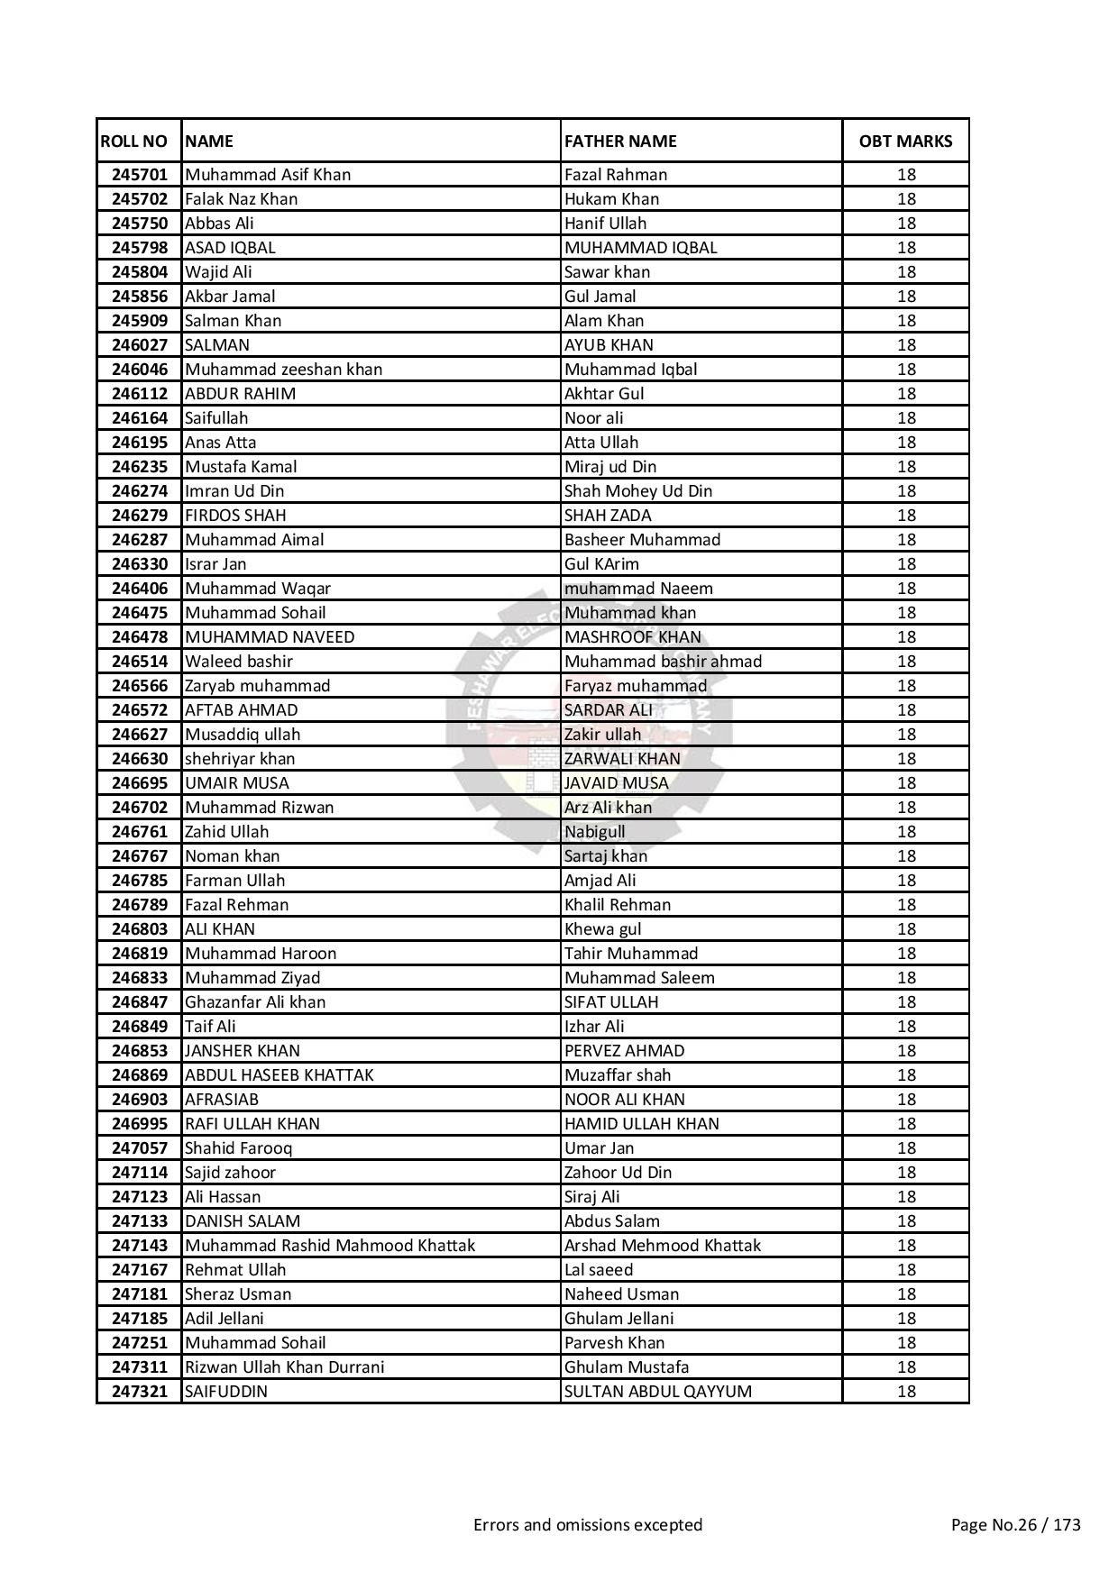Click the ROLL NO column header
pyautogui.click(x=134, y=142)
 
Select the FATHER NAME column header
pyautogui.click(x=620, y=142)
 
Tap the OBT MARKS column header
pyautogui.click(x=905, y=142)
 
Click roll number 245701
pyautogui.click(x=140, y=175)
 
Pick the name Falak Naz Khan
pyautogui.click(x=241, y=199)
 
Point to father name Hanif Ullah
pyautogui.click(x=605, y=224)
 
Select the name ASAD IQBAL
pyautogui.click(x=230, y=248)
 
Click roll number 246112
pyautogui.click(x=140, y=394)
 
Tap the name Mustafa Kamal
pyautogui.click(x=241, y=467)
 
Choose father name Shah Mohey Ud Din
pyautogui.click(x=637, y=491)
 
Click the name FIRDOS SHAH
pyautogui.click(x=235, y=516)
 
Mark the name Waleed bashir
pyautogui.click(x=239, y=662)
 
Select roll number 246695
pyautogui.click(x=140, y=783)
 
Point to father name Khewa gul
pyautogui.click(x=602, y=929)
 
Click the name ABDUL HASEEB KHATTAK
pyautogui.click(x=279, y=1075)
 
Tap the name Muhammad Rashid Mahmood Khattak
pyautogui.click(x=330, y=1246)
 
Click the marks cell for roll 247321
pyautogui.click(x=906, y=1392)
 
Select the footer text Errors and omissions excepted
pyautogui.click(x=588, y=1525)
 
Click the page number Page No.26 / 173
pyautogui.click(x=1015, y=1525)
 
